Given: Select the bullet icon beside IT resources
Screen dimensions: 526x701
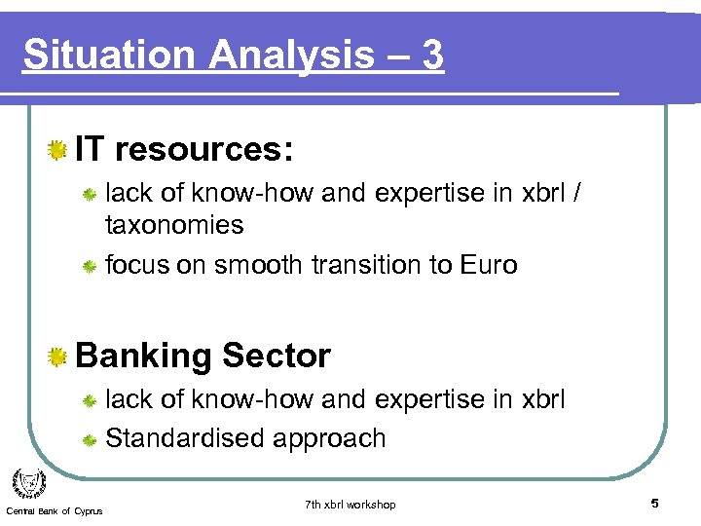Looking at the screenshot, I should pyautogui.click(x=58, y=149).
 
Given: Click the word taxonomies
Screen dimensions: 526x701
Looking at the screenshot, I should pyautogui.click(x=174, y=225).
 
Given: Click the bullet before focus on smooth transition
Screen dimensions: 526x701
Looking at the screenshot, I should pyautogui.click(x=88, y=265).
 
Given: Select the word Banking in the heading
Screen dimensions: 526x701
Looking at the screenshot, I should pyautogui.click(x=143, y=357).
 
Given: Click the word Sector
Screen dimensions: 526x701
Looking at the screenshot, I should pyautogui.click(x=277, y=357).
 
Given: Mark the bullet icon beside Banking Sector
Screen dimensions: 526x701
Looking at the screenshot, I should pyautogui.click(x=58, y=357).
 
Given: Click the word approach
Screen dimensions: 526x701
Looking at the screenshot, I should pyautogui.click(x=330, y=439).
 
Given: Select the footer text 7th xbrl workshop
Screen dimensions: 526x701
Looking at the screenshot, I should pyautogui.click(x=350, y=504).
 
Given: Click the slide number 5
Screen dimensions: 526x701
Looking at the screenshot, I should pyautogui.click(x=655, y=504).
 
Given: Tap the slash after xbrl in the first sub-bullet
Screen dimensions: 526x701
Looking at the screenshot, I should pyautogui.click(x=578, y=193).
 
